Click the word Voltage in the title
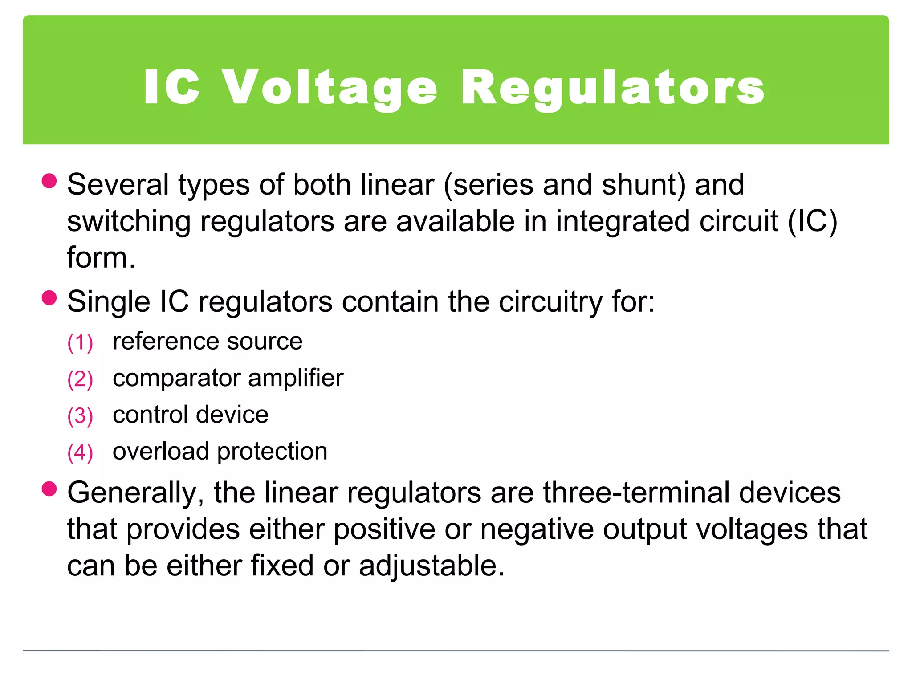pos(330,88)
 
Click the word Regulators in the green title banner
pos(613,88)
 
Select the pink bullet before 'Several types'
pos(49,181)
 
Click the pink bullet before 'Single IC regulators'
pos(49,297)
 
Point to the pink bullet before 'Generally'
pos(49,489)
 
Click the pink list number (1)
pos(80,342)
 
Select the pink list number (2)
pos(80,379)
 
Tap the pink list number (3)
pos(80,416)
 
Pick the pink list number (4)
pos(80,452)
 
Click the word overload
pos(161,452)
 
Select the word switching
pos(129,222)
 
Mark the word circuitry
pos(550,302)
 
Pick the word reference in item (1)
pos(165,342)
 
